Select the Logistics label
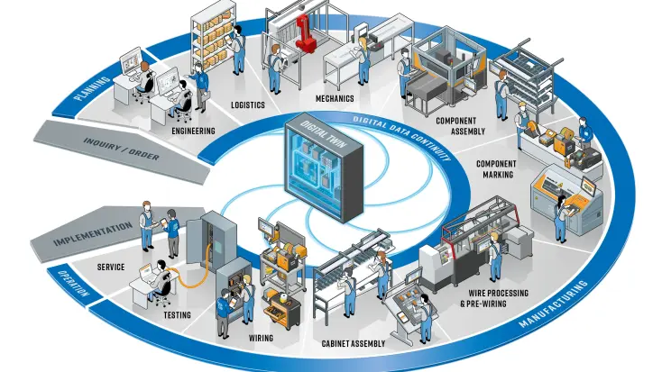point(247,104)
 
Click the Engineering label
point(193,131)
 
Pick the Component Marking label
point(495,169)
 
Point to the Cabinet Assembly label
point(353,343)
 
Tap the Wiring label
point(261,340)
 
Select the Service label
point(109,267)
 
